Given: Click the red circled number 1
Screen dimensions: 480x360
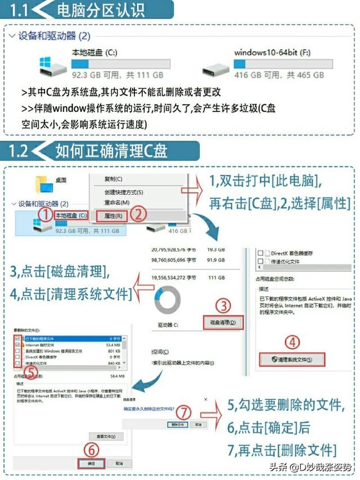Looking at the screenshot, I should tap(47, 214).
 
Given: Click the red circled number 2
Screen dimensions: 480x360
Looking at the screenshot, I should tap(139, 214).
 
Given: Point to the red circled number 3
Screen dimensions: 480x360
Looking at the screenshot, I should tap(224, 306).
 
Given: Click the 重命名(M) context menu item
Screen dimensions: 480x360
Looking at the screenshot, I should tap(116, 203).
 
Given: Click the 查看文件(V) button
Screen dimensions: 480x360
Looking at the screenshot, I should tap(106, 436).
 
